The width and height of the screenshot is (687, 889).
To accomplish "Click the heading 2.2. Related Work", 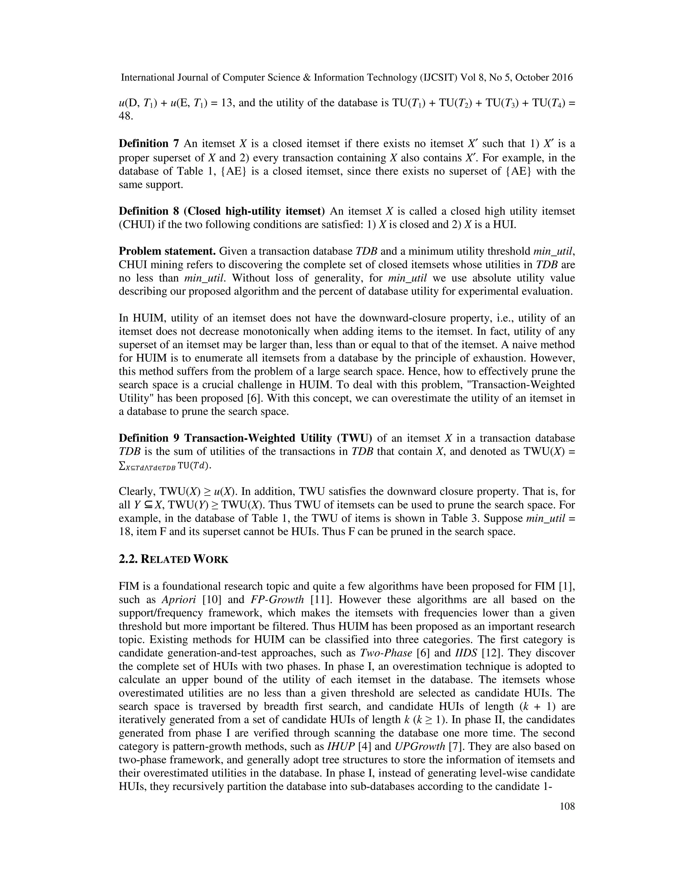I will pyautogui.click(x=173, y=559).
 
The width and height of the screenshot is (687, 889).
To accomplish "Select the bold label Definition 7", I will pyautogui.click(x=149, y=144).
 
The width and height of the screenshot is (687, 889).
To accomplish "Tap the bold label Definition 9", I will pyautogui.click(x=149, y=438).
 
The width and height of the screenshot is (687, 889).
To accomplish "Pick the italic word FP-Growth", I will pyautogui.click(x=277, y=599).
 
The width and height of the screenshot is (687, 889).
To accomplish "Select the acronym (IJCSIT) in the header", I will pyautogui.click(x=438, y=77).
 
